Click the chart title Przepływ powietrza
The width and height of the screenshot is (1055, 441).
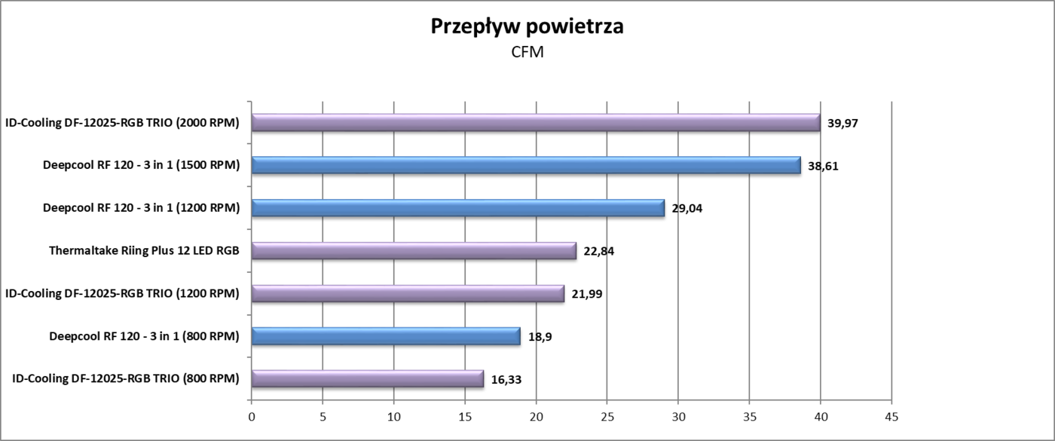pyautogui.click(x=527, y=26)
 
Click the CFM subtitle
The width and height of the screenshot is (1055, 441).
pyautogui.click(x=527, y=52)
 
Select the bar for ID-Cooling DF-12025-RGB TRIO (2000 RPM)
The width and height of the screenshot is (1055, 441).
pyautogui.click(x=535, y=123)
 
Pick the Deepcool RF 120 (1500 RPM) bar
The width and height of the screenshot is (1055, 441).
pyautogui.click(x=525, y=165)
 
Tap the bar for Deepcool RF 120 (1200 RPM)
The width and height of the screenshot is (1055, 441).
pyautogui.click(x=457, y=208)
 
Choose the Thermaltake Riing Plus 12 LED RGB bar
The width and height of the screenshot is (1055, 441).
pyautogui.click(x=413, y=251)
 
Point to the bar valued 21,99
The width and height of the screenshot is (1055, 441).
pyautogui.click(x=407, y=293)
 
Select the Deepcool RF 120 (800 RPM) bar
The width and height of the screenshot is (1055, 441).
pyautogui.click(x=385, y=336)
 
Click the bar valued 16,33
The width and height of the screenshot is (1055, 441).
pyautogui.click(x=367, y=378)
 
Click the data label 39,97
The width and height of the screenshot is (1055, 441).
pyautogui.click(x=842, y=123)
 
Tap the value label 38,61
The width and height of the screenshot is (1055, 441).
pyautogui.click(x=823, y=166)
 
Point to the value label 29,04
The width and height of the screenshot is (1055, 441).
pyautogui.click(x=687, y=208)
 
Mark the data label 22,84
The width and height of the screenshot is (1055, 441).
pyautogui.click(x=598, y=251)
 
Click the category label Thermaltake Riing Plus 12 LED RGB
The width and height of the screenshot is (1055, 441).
pyautogui.click(x=143, y=251)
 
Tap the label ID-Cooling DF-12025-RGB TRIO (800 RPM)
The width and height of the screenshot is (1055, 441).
pyautogui.click(x=126, y=378)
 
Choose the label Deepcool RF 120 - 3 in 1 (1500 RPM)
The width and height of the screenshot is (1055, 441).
pyautogui.click(x=141, y=166)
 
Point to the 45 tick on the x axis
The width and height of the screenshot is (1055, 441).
pyautogui.click(x=891, y=416)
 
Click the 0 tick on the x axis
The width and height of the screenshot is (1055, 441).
pyautogui.click(x=252, y=416)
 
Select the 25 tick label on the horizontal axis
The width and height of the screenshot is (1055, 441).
pyautogui.click(x=607, y=416)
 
